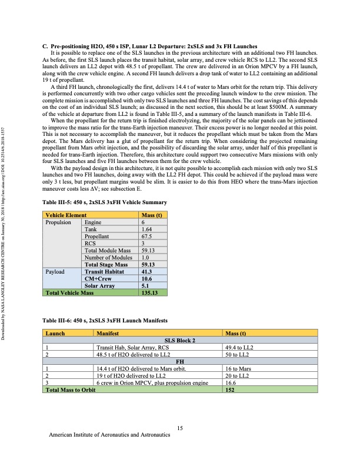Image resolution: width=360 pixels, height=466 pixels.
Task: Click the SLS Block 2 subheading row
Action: click(181, 341)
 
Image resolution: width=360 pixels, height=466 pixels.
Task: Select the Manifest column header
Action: click(110, 334)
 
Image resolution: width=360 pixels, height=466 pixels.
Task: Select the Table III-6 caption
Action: click(105, 321)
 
